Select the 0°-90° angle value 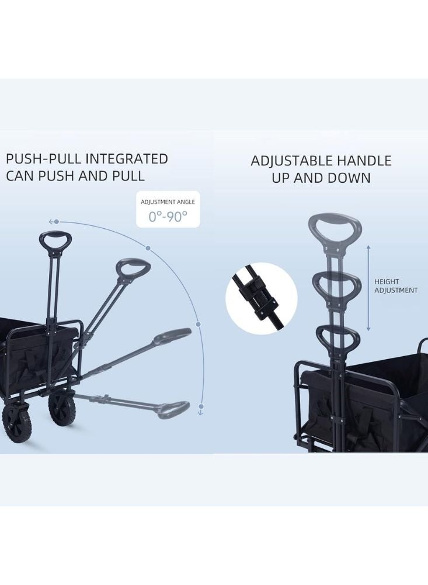coord(168,216)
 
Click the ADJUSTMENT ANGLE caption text coord(168,201)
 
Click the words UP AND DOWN coord(321,178)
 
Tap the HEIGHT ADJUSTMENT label coord(395,285)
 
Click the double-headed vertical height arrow coord(368,288)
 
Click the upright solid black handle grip coord(55,241)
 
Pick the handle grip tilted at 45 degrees coord(134,269)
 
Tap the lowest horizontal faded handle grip coord(173,409)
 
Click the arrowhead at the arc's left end coord(51,222)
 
